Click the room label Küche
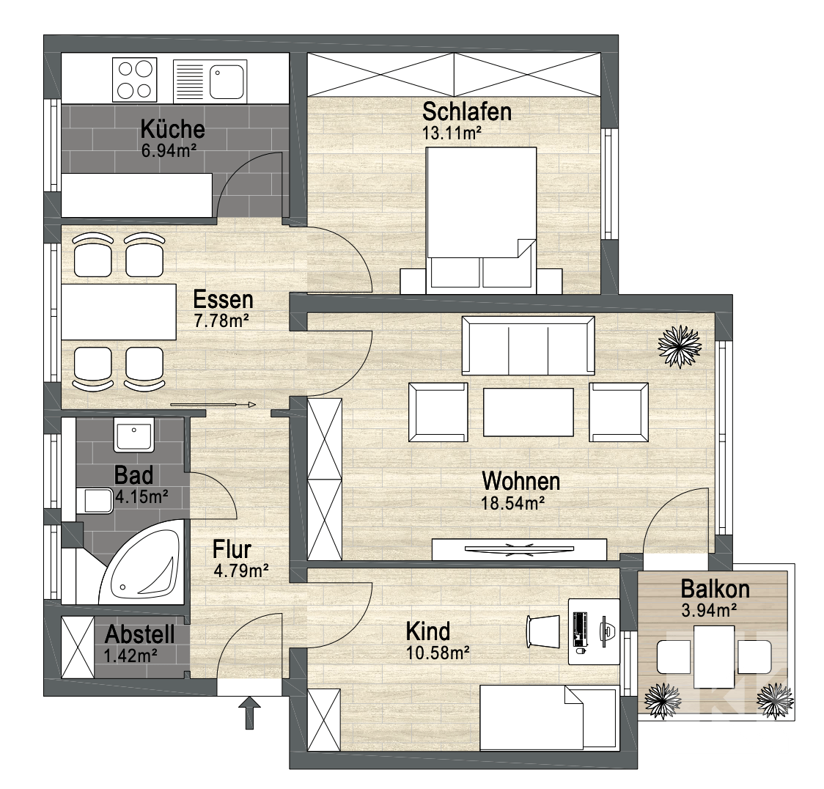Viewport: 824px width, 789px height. pyautogui.click(x=172, y=129)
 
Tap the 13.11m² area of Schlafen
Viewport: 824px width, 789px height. pyautogui.click(x=452, y=133)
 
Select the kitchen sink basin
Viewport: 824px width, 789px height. pyautogui.click(x=227, y=81)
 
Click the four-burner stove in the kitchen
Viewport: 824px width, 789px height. pyautogui.click(x=135, y=80)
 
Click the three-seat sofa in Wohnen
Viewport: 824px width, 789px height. pyautogui.click(x=528, y=345)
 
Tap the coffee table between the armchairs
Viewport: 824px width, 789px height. pyautogui.click(x=528, y=412)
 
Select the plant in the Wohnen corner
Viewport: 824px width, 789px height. pyautogui.click(x=680, y=346)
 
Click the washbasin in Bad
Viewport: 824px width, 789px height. pyautogui.click(x=134, y=435)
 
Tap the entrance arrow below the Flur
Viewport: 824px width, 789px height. pyautogui.click(x=249, y=712)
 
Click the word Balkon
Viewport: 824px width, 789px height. pyautogui.click(x=715, y=590)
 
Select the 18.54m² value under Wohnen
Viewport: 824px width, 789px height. pyautogui.click(x=512, y=503)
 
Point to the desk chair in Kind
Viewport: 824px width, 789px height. pyautogui.click(x=543, y=631)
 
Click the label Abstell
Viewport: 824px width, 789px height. pyautogui.click(x=140, y=634)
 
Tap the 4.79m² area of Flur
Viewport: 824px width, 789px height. pyautogui.click(x=241, y=570)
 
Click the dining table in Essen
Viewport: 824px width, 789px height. pyautogui.click(x=119, y=312)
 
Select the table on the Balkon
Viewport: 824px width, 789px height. pyautogui.click(x=713, y=657)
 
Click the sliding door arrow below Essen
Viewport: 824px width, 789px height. pyautogui.click(x=213, y=405)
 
